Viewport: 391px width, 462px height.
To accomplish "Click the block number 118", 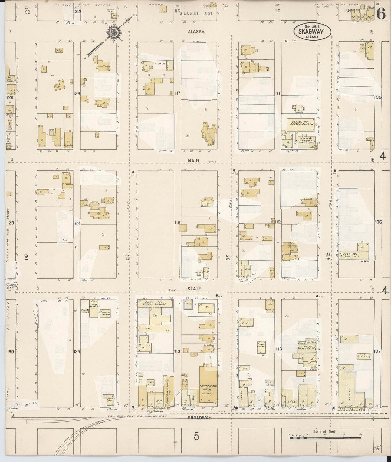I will (x=178, y=222).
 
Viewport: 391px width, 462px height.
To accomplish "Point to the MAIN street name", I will (x=193, y=160).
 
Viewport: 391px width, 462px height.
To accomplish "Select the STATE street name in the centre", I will (x=194, y=289).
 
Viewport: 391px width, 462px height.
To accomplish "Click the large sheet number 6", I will (x=381, y=14).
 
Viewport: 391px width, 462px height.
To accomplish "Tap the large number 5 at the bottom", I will (x=196, y=436).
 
